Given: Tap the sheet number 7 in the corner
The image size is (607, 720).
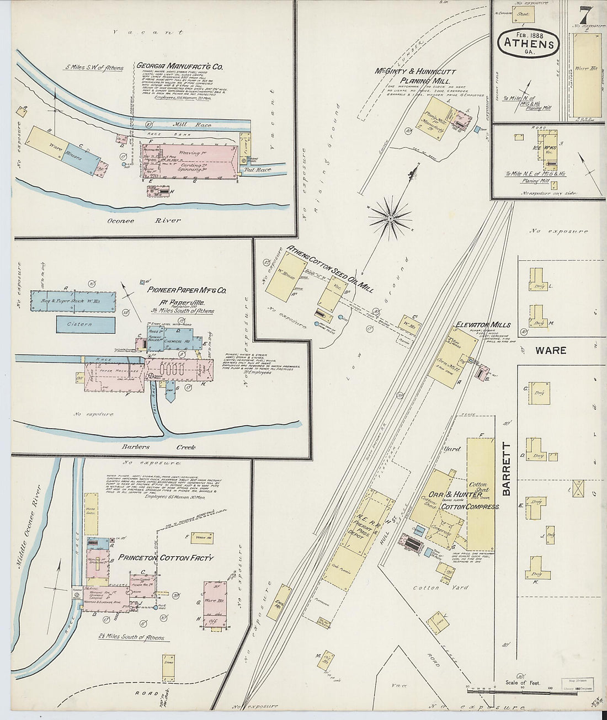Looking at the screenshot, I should coord(585,13).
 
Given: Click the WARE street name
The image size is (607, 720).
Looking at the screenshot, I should coord(550,350).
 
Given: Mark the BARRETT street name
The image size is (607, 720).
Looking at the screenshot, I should coord(507,468).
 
